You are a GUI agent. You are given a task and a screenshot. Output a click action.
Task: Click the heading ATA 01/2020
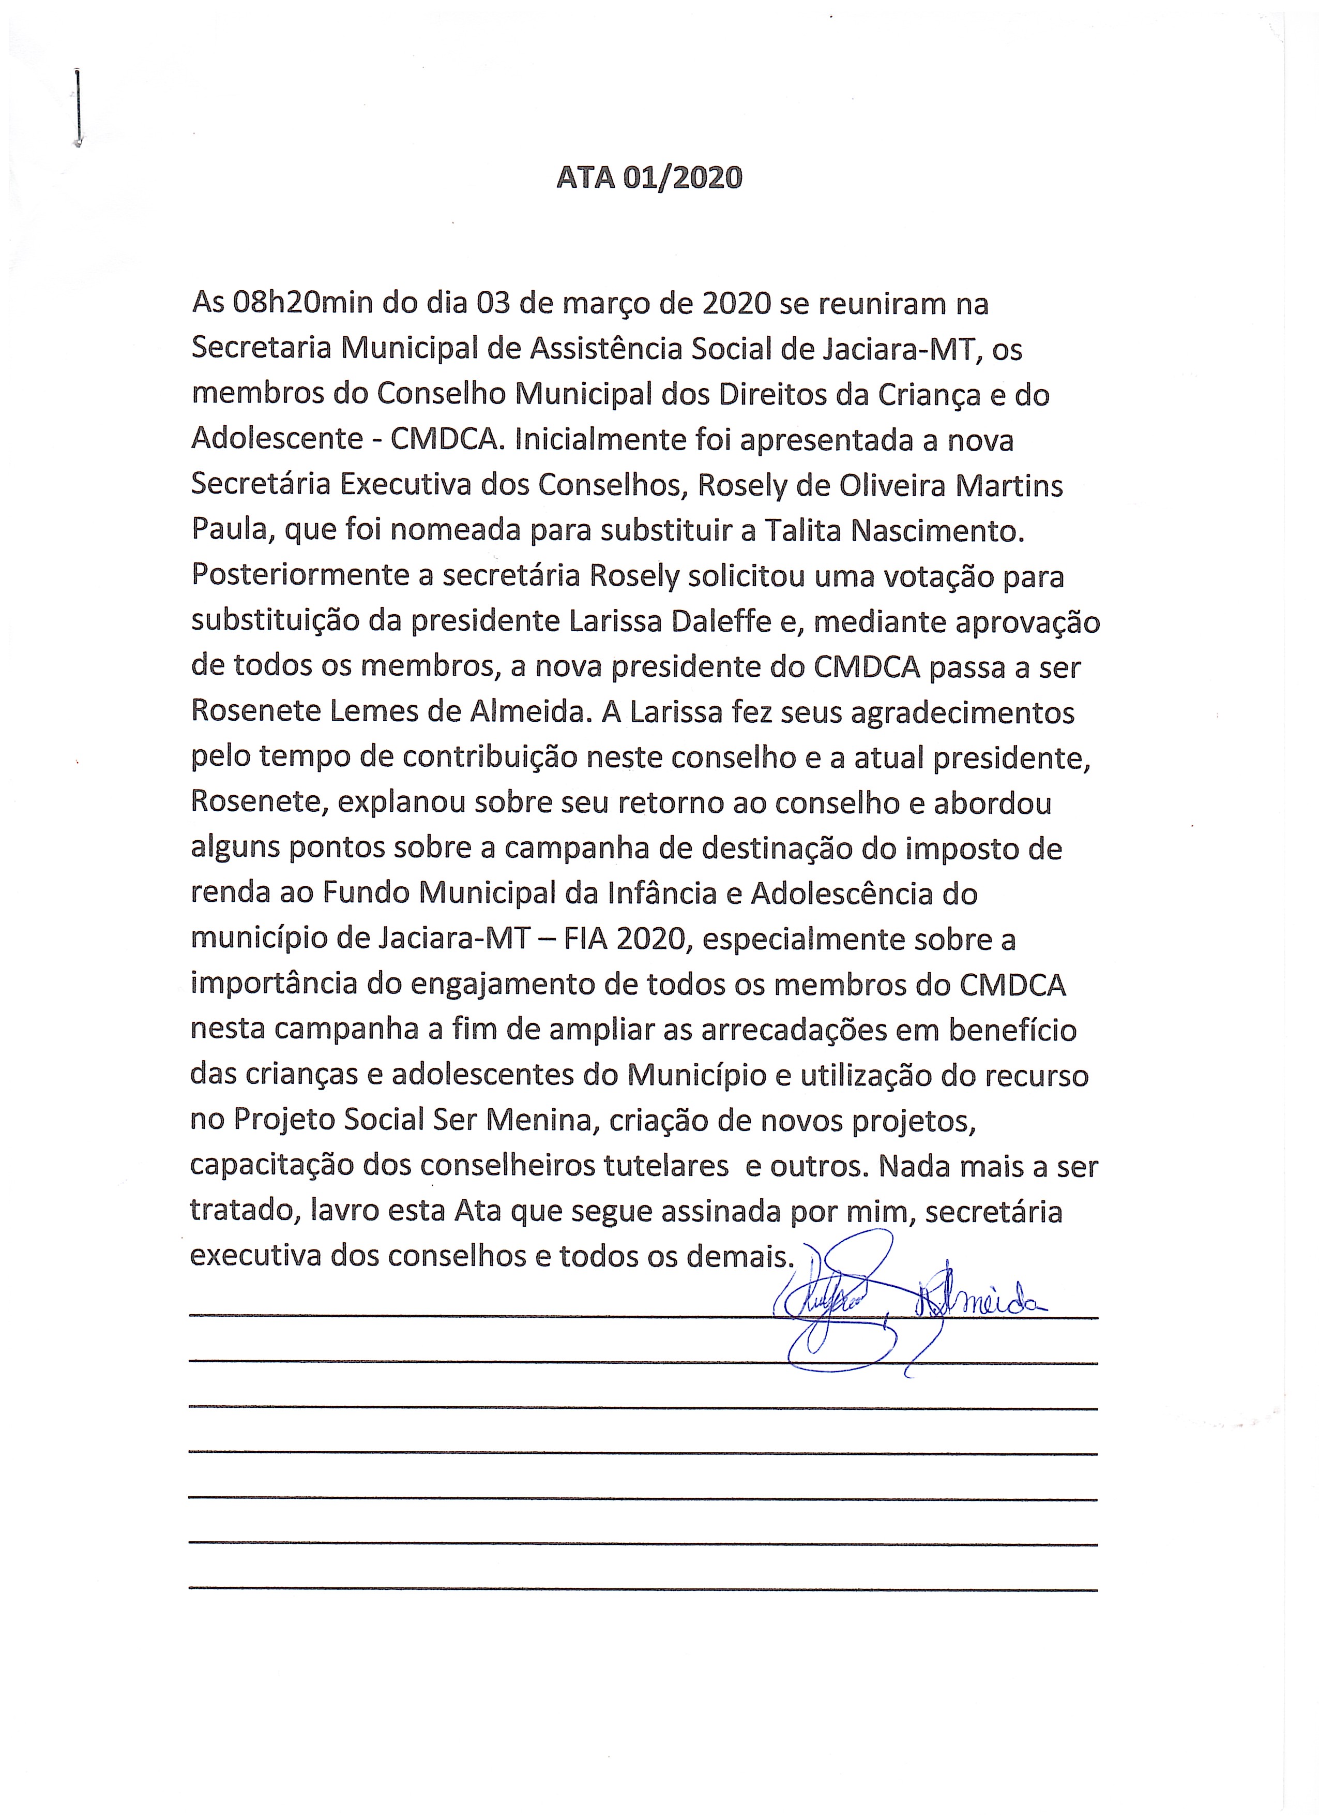[649, 177]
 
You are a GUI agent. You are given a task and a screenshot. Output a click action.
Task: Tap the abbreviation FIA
[585, 939]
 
